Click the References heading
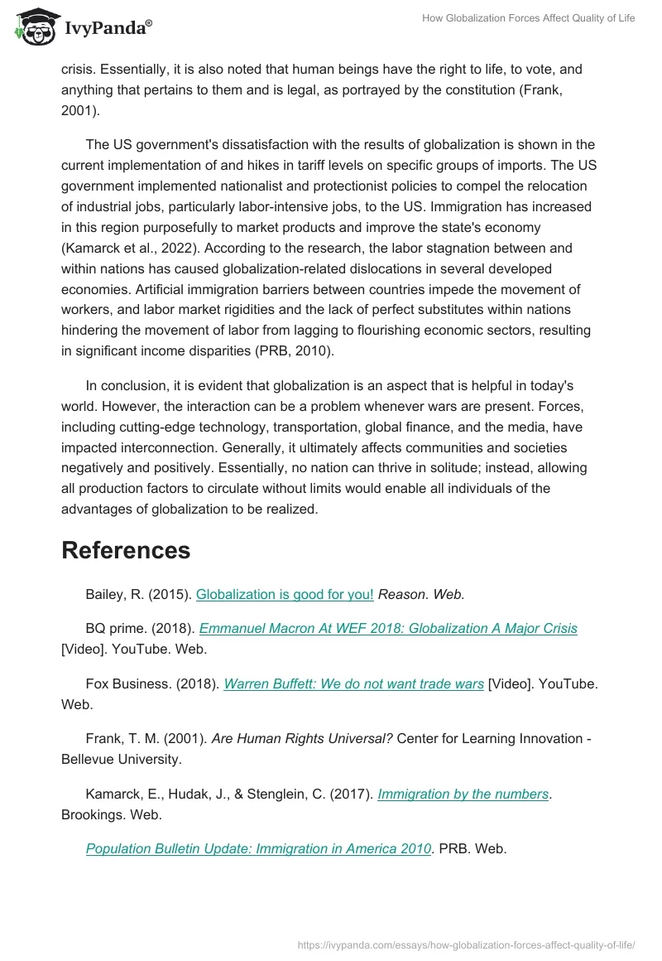click(x=126, y=550)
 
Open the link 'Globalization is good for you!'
click(x=285, y=594)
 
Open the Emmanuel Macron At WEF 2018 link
click(x=388, y=628)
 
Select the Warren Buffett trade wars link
click(x=353, y=683)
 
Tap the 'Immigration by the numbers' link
click(x=463, y=794)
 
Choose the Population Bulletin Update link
click(x=258, y=848)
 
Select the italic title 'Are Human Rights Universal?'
click(x=302, y=738)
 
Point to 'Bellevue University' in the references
click(x=121, y=758)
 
